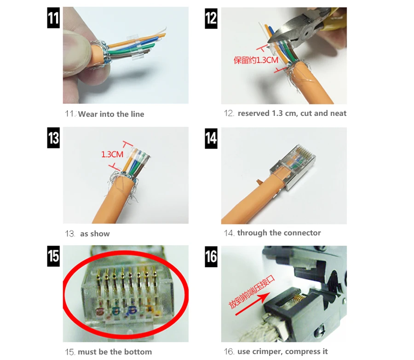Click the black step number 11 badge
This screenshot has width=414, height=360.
[53, 17]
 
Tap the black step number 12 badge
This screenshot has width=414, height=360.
[211, 18]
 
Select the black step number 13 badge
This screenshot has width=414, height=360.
[53, 138]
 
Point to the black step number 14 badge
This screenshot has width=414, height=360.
[211, 138]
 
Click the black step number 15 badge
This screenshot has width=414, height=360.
[53, 256]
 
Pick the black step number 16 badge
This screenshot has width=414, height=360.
[211, 257]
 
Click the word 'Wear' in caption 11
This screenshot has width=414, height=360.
[88, 114]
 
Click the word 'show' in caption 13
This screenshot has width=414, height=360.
[100, 234]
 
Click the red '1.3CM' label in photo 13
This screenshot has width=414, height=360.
[112, 154]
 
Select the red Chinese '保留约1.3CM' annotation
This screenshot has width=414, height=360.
[256, 60]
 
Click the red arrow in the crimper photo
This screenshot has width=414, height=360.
[253, 304]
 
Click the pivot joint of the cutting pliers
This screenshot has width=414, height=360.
[307, 33]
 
